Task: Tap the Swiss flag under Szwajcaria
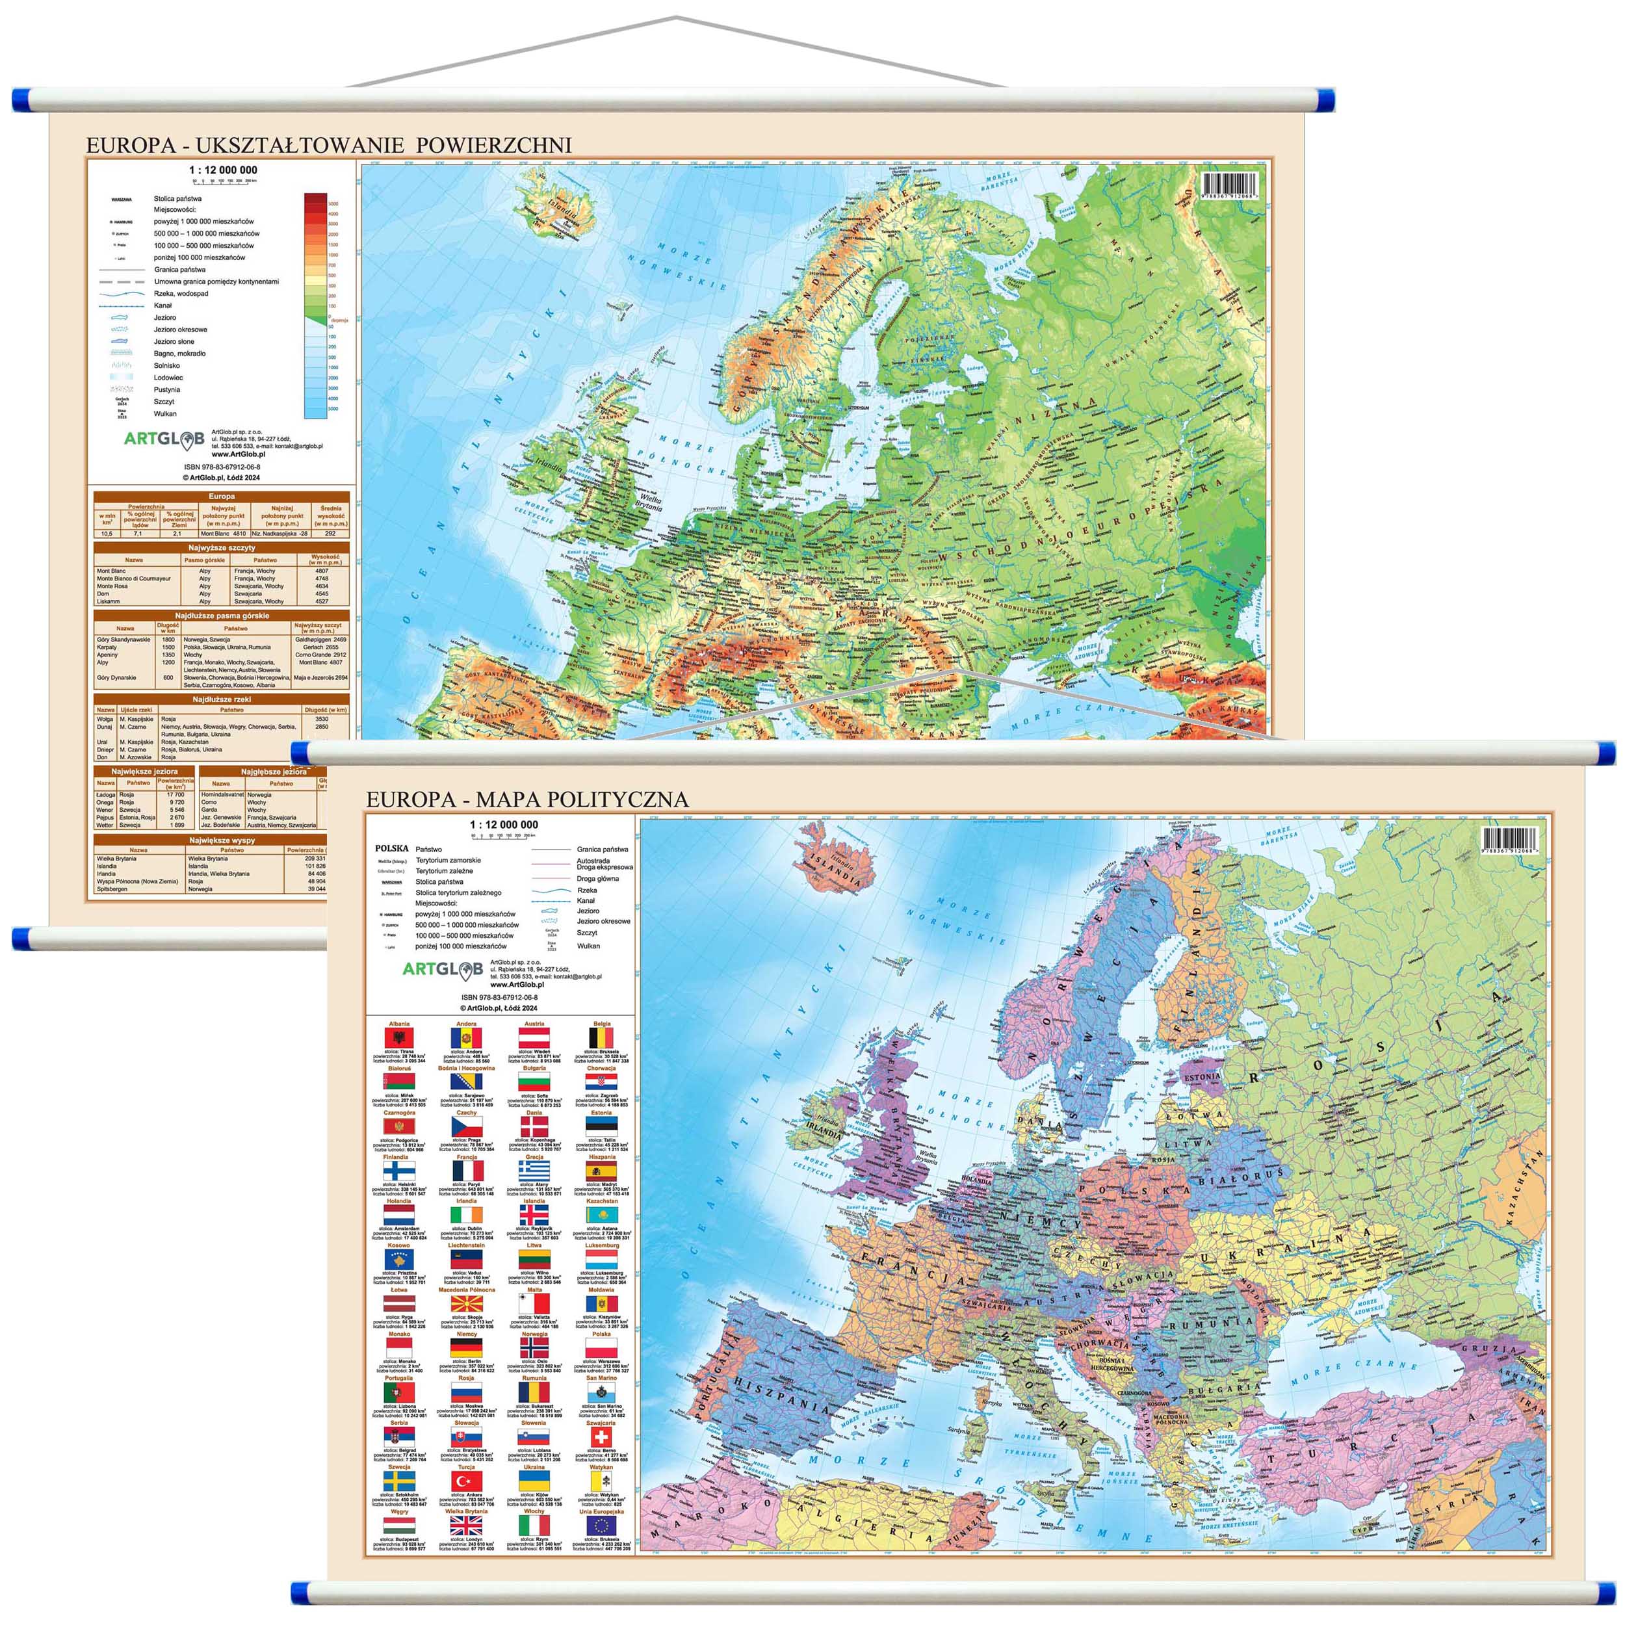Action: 601,1437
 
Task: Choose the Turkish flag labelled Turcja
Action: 466,1481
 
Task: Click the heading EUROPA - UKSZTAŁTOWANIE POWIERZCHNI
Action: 329,145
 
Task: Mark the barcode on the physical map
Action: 1233,185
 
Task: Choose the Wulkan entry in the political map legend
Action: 589,945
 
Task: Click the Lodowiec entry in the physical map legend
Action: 168,378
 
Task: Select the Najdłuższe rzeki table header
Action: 222,699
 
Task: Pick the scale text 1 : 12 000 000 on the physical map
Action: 224,170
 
